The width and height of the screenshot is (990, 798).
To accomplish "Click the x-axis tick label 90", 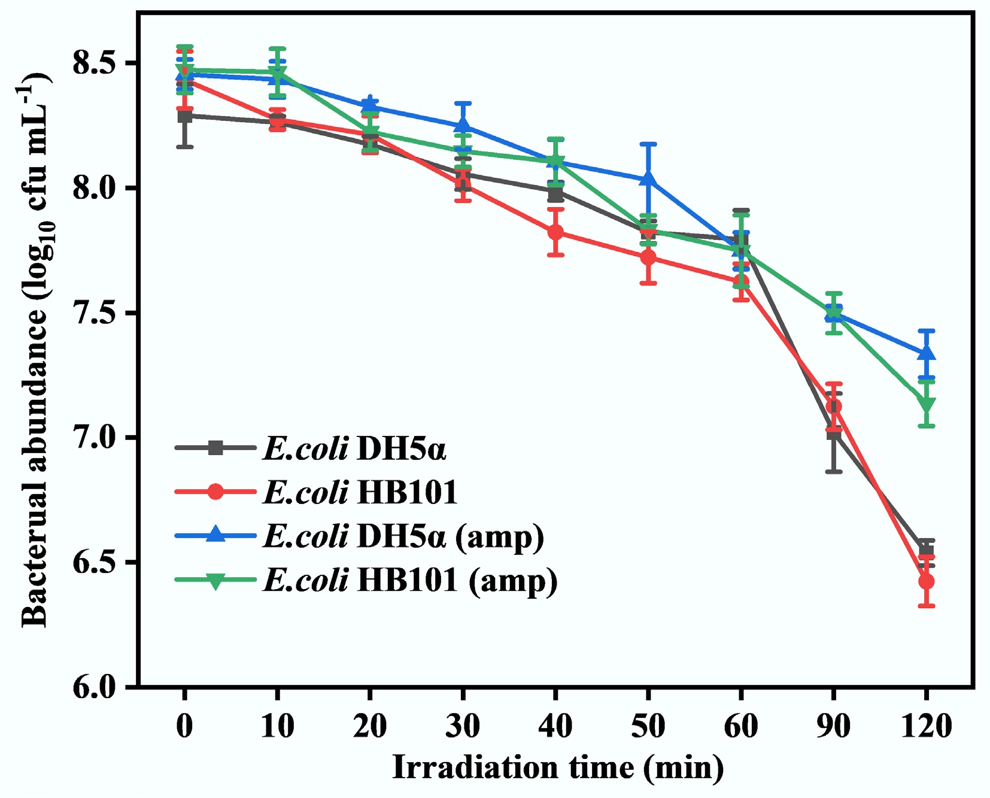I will pyautogui.click(x=833, y=726).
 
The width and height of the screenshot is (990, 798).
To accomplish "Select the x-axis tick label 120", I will pyautogui.click(x=925, y=726).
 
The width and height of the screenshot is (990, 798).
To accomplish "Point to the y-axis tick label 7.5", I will pyautogui.click(x=94, y=313).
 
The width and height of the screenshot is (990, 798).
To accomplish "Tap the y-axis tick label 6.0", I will pyautogui.click(x=94, y=687).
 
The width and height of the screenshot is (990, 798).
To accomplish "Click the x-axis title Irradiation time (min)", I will pyautogui.click(x=557, y=767).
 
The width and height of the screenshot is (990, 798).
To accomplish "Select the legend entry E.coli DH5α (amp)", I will pyautogui.click(x=403, y=536).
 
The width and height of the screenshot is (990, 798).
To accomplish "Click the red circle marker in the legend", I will pyautogui.click(x=215, y=492).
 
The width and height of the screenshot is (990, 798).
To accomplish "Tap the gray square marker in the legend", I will pyautogui.click(x=215, y=448).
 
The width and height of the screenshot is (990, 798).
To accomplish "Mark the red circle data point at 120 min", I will pyautogui.click(x=926, y=581).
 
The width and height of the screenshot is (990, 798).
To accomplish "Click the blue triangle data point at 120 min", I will pyautogui.click(x=926, y=353).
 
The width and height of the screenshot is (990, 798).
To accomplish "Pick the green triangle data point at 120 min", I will pyautogui.click(x=926, y=405).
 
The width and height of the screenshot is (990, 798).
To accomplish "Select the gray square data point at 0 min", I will pyautogui.click(x=185, y=116).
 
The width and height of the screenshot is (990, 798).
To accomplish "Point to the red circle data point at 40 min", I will pyautogui.click(x=555, y=232).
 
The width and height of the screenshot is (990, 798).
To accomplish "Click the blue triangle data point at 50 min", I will pyautogui.click(x=648, y=179).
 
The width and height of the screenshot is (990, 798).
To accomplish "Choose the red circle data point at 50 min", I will pyautogui.click(x=648, y=257).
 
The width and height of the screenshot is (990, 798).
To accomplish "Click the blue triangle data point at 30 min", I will pyautogui.click(x=463, y=126).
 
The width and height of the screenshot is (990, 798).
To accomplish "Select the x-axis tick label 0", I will pyautogui.click(x=185, y=726).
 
